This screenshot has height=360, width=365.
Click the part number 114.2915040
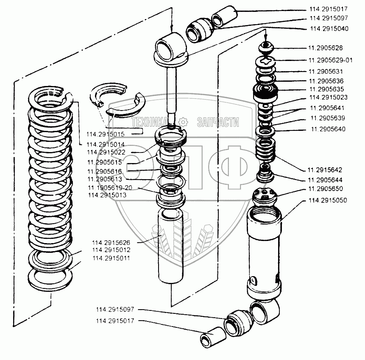click(x=329, y=29)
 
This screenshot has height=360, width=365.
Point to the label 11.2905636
click(x=326, y=80)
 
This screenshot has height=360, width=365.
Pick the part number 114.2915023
click(x=329, y=97)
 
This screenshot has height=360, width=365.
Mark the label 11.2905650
click(x=326, y=188)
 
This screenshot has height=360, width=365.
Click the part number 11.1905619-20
click(x=110, y=188)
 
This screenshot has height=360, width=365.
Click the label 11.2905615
click(x=104, y=162)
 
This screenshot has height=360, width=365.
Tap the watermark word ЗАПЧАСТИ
click(x=218, y=123)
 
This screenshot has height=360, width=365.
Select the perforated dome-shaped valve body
click(x=265, y=196)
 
